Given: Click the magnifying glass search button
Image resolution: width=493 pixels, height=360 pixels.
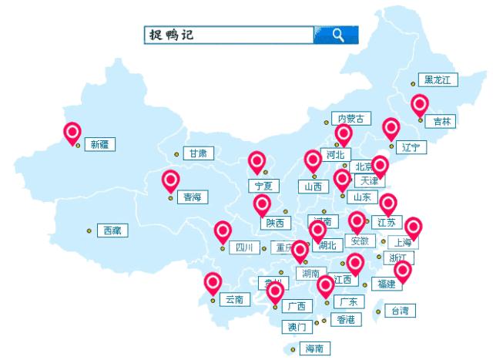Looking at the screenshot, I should point(337,35).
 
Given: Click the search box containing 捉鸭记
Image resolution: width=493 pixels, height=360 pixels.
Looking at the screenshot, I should point(229,35).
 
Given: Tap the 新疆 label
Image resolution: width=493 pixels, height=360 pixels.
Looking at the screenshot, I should point(100,144).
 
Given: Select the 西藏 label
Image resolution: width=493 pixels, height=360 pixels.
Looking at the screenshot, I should point(112,230).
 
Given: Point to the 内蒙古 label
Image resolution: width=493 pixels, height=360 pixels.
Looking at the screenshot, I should point(351,119).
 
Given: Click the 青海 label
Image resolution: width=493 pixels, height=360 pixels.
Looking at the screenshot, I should point(191,197).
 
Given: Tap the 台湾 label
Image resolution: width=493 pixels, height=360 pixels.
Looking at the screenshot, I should point(400,311).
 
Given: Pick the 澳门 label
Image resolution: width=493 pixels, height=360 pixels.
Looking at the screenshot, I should point(297,327).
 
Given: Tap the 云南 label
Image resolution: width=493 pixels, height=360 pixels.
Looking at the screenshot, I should point(233,299).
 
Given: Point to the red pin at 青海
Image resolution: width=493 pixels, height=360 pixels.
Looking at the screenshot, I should point(170,180).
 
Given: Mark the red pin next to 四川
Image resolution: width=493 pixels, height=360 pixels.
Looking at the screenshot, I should point(223,230).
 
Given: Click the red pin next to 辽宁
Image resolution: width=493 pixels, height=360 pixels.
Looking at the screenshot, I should point(391,128).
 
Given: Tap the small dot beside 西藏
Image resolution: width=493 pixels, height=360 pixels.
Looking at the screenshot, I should point(89,230).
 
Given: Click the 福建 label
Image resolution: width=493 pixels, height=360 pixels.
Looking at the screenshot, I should point(386,284).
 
